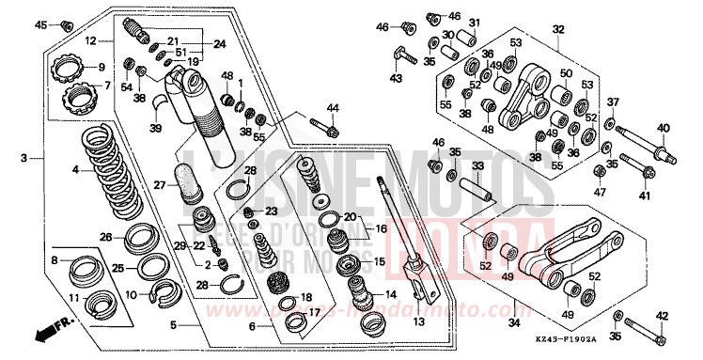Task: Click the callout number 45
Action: [40, 24]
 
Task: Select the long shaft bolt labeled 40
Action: [648, 147]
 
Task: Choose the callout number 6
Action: [251, 326]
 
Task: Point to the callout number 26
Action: [106, 236]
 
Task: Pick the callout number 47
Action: [599, 192]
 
